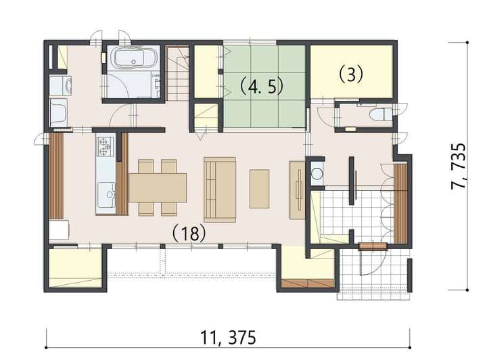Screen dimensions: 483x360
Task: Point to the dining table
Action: [x=158, y=187]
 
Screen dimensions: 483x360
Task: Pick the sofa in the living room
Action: [x=220, y=189]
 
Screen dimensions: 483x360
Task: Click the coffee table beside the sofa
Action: [x=259, y=189]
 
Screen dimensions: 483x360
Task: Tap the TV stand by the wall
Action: [x=297, y=190]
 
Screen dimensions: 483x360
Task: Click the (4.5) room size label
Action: [x=262, y=87]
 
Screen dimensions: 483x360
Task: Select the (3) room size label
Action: [x=351, y=74]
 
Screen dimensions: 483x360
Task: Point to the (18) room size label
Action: [x=189, y=233]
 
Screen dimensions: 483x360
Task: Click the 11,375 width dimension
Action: [x=228, y=337]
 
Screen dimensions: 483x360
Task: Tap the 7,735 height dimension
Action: [x=458, y=166]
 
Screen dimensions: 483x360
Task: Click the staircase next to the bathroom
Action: [x=177, y=73]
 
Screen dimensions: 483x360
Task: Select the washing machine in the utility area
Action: [x=60, y=85]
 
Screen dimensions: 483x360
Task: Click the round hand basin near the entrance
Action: [x=317, y=173]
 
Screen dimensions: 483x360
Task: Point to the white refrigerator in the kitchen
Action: [x=59, y=229]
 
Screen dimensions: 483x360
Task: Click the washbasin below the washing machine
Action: [x=59, y=112]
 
